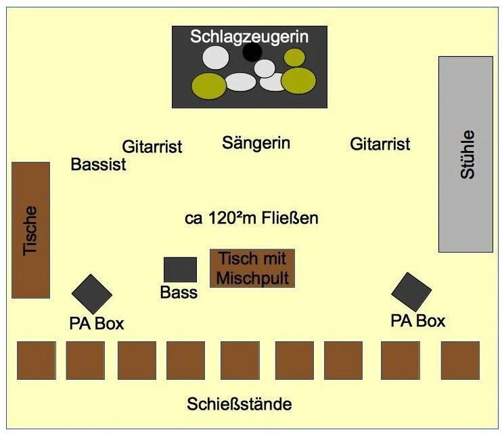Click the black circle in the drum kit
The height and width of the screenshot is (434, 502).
coord(252,51)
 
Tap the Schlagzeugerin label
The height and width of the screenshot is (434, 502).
coord(249,36)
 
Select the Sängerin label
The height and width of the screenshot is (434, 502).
coord(256,143)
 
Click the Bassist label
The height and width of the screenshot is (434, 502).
coord(99,165)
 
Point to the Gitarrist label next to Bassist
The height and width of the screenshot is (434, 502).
coord(152,146)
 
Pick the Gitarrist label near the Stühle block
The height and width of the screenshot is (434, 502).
coord(380,144)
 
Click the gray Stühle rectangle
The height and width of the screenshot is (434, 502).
coord(465,154)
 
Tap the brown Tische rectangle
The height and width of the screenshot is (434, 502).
coord(30,230)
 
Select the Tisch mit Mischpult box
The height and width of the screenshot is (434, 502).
coord(252,268)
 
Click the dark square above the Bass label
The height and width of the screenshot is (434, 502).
coord(180,269)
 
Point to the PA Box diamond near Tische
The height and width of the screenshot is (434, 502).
coord(91,294)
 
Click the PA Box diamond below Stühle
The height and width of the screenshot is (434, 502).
coord(411,292)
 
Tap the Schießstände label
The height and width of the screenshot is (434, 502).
coord(239,405)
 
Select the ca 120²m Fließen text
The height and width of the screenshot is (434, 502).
coord(251,219)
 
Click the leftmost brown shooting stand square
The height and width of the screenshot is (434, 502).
coord(36,360)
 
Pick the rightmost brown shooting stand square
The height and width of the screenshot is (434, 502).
coord(460,360)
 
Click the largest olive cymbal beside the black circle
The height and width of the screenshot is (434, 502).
coord(298,80)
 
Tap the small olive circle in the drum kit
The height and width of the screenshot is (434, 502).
coord(294,58)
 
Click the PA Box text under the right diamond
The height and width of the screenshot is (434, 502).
coord(418,320)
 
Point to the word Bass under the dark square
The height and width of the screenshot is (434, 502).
coord(179,292)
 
